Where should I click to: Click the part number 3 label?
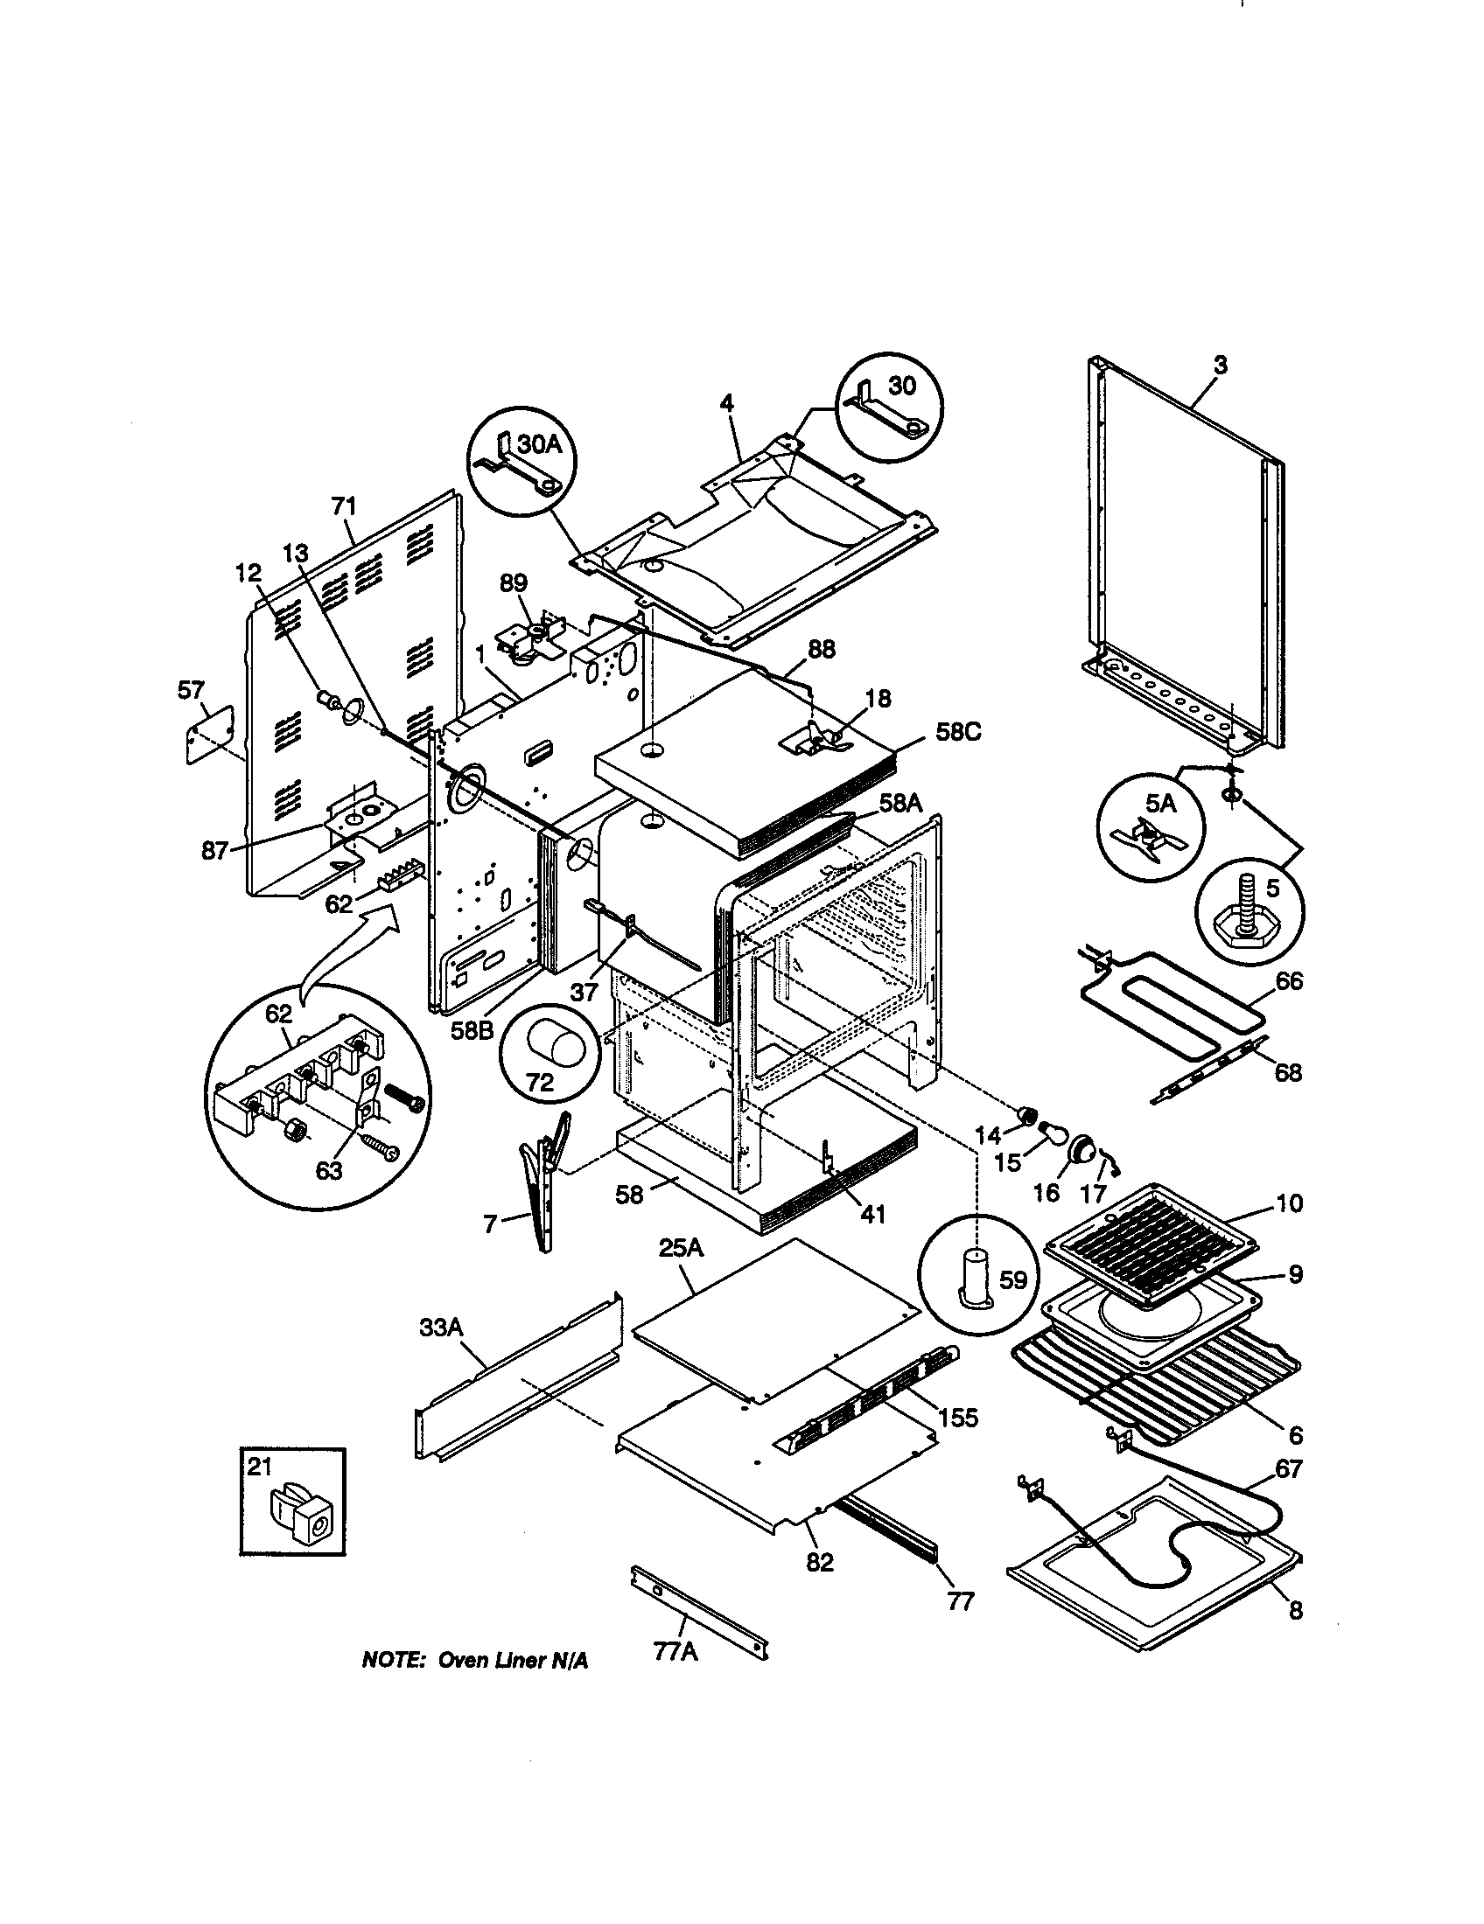[1220, 366]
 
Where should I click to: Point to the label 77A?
[675, 1652]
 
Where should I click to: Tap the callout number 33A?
[441, 1328]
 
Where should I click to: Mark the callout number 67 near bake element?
[1288, 1468]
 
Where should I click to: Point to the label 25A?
[682, 1248]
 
